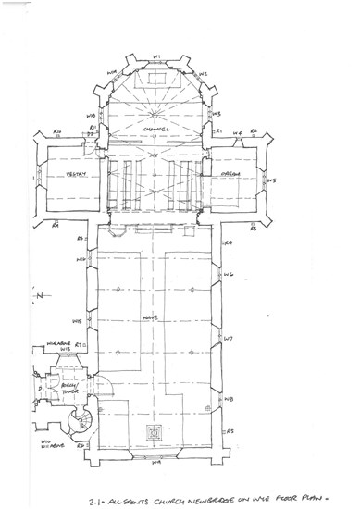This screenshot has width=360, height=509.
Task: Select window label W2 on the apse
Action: click(203, 73)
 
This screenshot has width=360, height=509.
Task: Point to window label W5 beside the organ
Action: click(271, 180)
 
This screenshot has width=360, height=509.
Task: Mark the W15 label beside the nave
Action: click(78, 321)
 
